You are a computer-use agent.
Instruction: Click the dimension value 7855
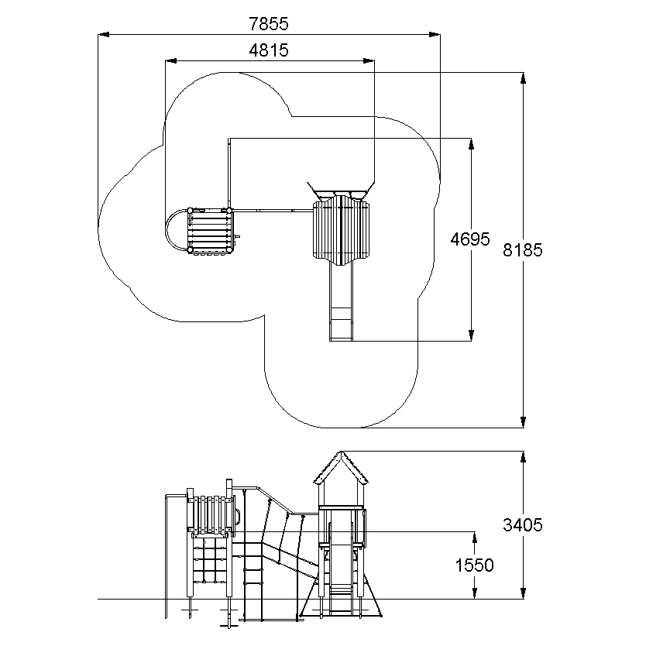pyautogui.click(x=269, y=24)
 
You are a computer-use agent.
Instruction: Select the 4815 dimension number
pyautogui.click(x=269, y=50)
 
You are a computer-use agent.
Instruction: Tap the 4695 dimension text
pyautogui.click(x=470, y=239)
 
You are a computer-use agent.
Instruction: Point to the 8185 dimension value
pyautogui.click(x=523, y=249)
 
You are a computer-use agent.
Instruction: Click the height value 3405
pyautogui.click(x=523, y=525)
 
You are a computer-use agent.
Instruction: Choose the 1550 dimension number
pyautogui.click(x=474, y=565)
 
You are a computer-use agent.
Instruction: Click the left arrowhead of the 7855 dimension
pyautogui.click(x=104, y=35)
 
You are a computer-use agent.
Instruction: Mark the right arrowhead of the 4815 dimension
pyautogui.click(x=369, y=61)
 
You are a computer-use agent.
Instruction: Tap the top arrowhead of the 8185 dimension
pyautogui.click(x=523, y=78)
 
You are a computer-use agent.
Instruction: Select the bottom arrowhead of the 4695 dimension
pyautogui.click(x=471, y=335)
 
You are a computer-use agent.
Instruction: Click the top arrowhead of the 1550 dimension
pyautogui.click(x=475, y=538)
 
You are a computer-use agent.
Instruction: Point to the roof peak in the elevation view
pyautogui.click(x=341, y=452)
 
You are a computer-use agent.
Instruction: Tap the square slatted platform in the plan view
pyautogui.click(x=210, y=231)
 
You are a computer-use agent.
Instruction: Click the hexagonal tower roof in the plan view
pyautogui.click(x=341, y=230)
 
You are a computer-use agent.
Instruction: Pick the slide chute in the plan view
pyautogui.click(x=341, y=303)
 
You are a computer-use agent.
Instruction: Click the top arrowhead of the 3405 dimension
pyautogui.click(x=523, y=457)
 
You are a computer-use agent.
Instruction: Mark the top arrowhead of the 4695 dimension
pyautogui.click(x=471, y=144)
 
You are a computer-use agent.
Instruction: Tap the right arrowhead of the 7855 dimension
pyautogui.click(x=435, y=35)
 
